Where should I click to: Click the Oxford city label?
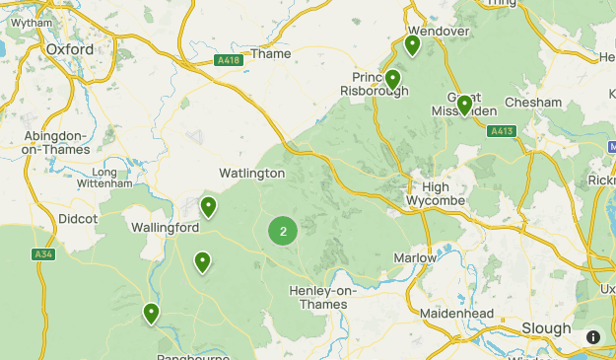pyautogui.click(x=69, y=49)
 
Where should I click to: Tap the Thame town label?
pyautogui.click(x=271, y=54)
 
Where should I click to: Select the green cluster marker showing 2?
pyautogui.click(x=284, y=232)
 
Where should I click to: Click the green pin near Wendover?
pyautogui.click(x=413, y=45)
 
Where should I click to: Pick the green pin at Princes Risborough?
pyautogui.click(x=392, y=80)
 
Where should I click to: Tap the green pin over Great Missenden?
pyautogui.click(x=464, y=106)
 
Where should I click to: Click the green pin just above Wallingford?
pyautogui.click(x=208, y=207)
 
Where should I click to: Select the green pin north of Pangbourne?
pyautogui.click(x=151, y=314)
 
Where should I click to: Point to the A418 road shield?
pyautogui.click(x=229, y=60)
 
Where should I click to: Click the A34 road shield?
pyautogui.click(x=42, y=254)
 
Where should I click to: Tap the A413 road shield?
pyautogui.click(x=502, y=130)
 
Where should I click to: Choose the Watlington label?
pyautogui.click(x=251, y=173)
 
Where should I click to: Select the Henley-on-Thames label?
pyautogui.click(x=318, y=297)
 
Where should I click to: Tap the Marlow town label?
pyautogui.click(x=415, y=257)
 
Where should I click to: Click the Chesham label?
pyautogui.click(x=533, y=103)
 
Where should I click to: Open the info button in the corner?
pyautogui.click(x=593, y=337)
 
